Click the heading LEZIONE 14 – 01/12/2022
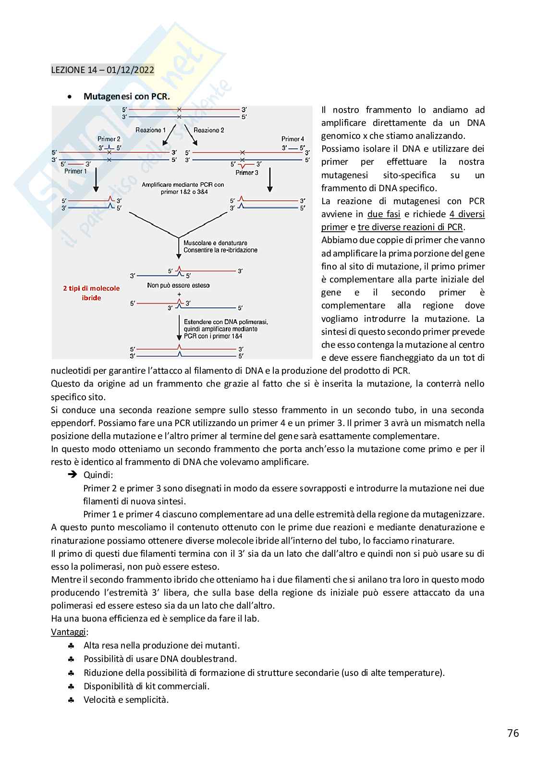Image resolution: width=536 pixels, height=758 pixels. click(x=102, y=70)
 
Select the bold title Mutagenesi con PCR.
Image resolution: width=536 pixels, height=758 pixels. click(x=126, y=97)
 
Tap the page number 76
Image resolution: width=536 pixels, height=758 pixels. click(x=513, y=733)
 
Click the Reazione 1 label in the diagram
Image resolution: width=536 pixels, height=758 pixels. click(x=150, y=130)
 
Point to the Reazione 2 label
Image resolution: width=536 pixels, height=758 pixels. click(x=208, y=130)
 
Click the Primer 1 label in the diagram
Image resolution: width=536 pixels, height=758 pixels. click(x=76, y=171)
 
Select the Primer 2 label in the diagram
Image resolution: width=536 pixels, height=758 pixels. click(x=109, y=139)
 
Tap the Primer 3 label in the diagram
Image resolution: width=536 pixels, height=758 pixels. click(x=247, y=172)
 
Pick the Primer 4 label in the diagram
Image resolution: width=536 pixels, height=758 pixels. click(x=293, y=139)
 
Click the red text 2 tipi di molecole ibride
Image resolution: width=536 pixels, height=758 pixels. click(x=91, y=293)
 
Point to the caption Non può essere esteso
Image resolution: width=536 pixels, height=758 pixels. click(x=178, y=285)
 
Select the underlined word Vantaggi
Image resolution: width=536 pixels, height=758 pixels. click(x=68, y=632)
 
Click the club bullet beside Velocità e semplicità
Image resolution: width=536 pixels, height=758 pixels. click(x=71, y=700)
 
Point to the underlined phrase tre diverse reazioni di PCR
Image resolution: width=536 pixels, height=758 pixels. click(x=411, y=227)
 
